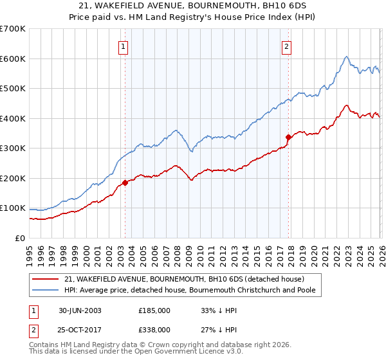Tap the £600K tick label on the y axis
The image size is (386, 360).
pyautogui.click(x=13, y=59)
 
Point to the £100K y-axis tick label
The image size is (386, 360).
pyautogui.click(x=13, y=208)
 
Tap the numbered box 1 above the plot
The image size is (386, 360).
pyautogui.click(x=123, y=46)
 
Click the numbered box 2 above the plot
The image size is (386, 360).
pyautogui.click(x=286, y=46)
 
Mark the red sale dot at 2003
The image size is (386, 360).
pyautogui.click(x=125, y=183)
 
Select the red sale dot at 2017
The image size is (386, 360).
pyautogui.click(x=288, y=137)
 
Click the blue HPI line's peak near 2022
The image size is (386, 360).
pyautogui.click(x=346, y=57)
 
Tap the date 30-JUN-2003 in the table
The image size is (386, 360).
pyautogui.click(x=80, y=310)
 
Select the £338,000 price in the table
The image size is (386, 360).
pyautogui.click(x=154, y=329)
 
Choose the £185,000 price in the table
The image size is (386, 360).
pyautogui.click(x=154, y=310)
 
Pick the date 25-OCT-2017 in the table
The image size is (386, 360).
pyautogui.click(x=80, y=329)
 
